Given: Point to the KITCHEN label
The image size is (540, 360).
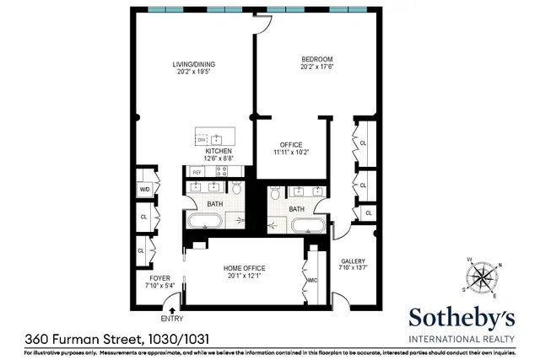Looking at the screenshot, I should coord(218,151).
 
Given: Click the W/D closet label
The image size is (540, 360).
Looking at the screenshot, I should coord(144,190).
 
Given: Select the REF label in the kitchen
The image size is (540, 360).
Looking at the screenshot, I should coord(197,172).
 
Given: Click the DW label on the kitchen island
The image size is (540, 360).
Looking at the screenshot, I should coord(202,139).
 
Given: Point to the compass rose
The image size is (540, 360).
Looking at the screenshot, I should coord(483,277).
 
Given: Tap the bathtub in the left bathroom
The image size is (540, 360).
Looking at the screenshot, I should coord(206,222).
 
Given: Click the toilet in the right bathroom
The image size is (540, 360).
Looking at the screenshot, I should coord(275,194).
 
